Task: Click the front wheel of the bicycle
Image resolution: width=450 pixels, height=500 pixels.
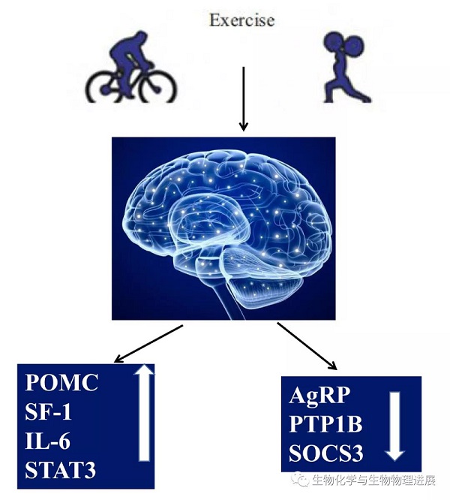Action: [x=157, y=88]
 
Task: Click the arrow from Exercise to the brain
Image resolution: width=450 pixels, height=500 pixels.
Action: [x=242, y=98]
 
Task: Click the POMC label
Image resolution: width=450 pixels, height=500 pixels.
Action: [x=62, y=384]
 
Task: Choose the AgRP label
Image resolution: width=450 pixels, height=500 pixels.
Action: [x=319, y=396]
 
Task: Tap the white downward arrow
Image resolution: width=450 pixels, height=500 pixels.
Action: [x=396, y=425]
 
